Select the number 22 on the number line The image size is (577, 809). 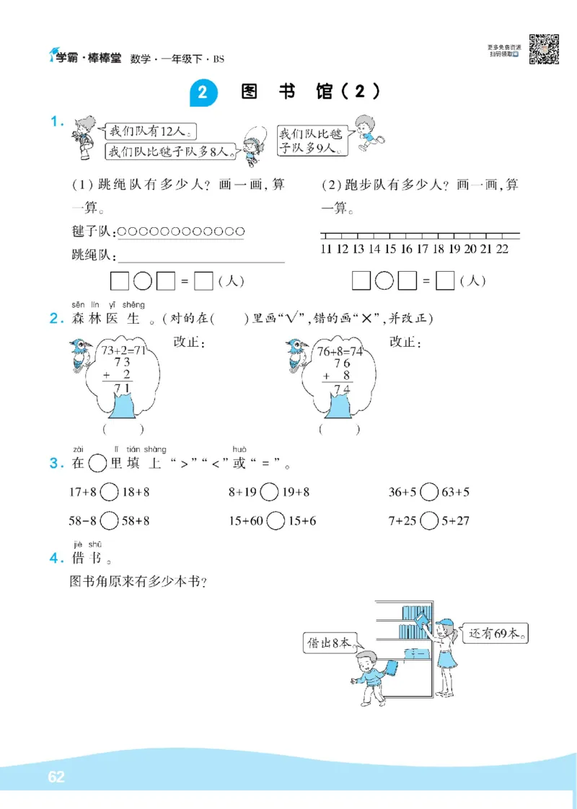503,249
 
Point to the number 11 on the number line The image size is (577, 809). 325,249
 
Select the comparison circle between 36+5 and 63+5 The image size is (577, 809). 428,492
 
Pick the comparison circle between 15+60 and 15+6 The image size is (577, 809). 275,521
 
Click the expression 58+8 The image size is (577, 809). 136,521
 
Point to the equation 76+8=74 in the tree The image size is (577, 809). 339,351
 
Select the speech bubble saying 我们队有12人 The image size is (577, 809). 150,131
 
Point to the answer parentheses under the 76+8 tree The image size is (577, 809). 339,430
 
